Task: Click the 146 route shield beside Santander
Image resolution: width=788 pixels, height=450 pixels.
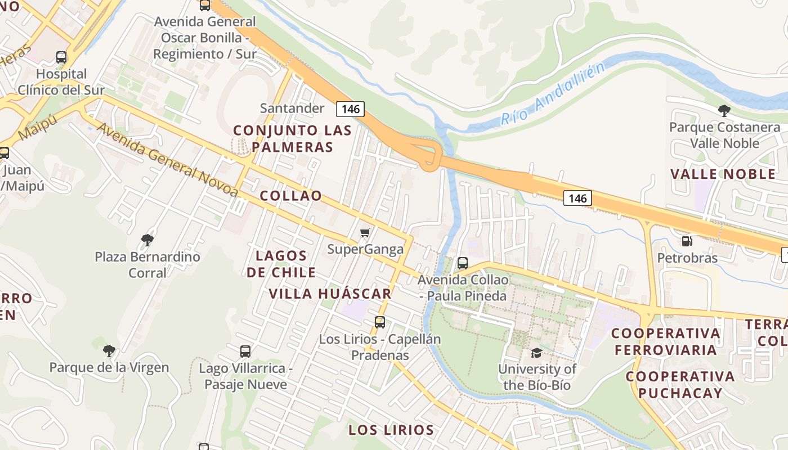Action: click(350, 109)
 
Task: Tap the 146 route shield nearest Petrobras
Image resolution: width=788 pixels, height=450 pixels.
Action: click(577, 198)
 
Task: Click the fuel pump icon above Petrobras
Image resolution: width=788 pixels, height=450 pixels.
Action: click(687, 241)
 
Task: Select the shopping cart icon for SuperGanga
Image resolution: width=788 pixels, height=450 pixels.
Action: click(365, 232)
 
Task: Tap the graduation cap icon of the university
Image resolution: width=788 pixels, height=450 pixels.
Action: click(536, 353)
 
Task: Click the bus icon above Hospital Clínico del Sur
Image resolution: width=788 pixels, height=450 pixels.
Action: click(61, 57)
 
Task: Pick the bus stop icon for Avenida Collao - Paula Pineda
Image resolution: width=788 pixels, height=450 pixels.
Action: click(463, 263)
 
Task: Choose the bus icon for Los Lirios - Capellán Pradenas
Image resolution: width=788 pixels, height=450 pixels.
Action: click(380, 322)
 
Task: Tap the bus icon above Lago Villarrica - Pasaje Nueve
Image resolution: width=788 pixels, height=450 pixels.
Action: click(245, 352)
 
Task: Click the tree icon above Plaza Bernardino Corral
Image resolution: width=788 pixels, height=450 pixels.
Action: click(147, 240)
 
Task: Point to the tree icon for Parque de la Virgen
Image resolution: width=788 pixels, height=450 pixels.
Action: click(109, 351)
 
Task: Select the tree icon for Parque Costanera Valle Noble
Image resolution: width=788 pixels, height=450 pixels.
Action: click(724, 110)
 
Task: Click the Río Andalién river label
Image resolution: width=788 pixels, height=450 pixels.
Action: click(553, 94)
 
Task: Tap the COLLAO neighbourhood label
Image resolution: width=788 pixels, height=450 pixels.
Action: click(291, 196)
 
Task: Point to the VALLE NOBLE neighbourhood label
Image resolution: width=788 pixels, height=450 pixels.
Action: click(723, 174)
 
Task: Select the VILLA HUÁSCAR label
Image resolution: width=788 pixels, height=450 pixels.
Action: click(330, 294)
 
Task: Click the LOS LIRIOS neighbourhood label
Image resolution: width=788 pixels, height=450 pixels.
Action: click(391, 430)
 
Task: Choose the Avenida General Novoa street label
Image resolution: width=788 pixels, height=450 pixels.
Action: click(167, 160)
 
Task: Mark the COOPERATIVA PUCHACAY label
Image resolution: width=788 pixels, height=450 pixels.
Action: click(680, 385)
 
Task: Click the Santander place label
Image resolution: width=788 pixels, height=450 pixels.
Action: click(292, 108)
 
